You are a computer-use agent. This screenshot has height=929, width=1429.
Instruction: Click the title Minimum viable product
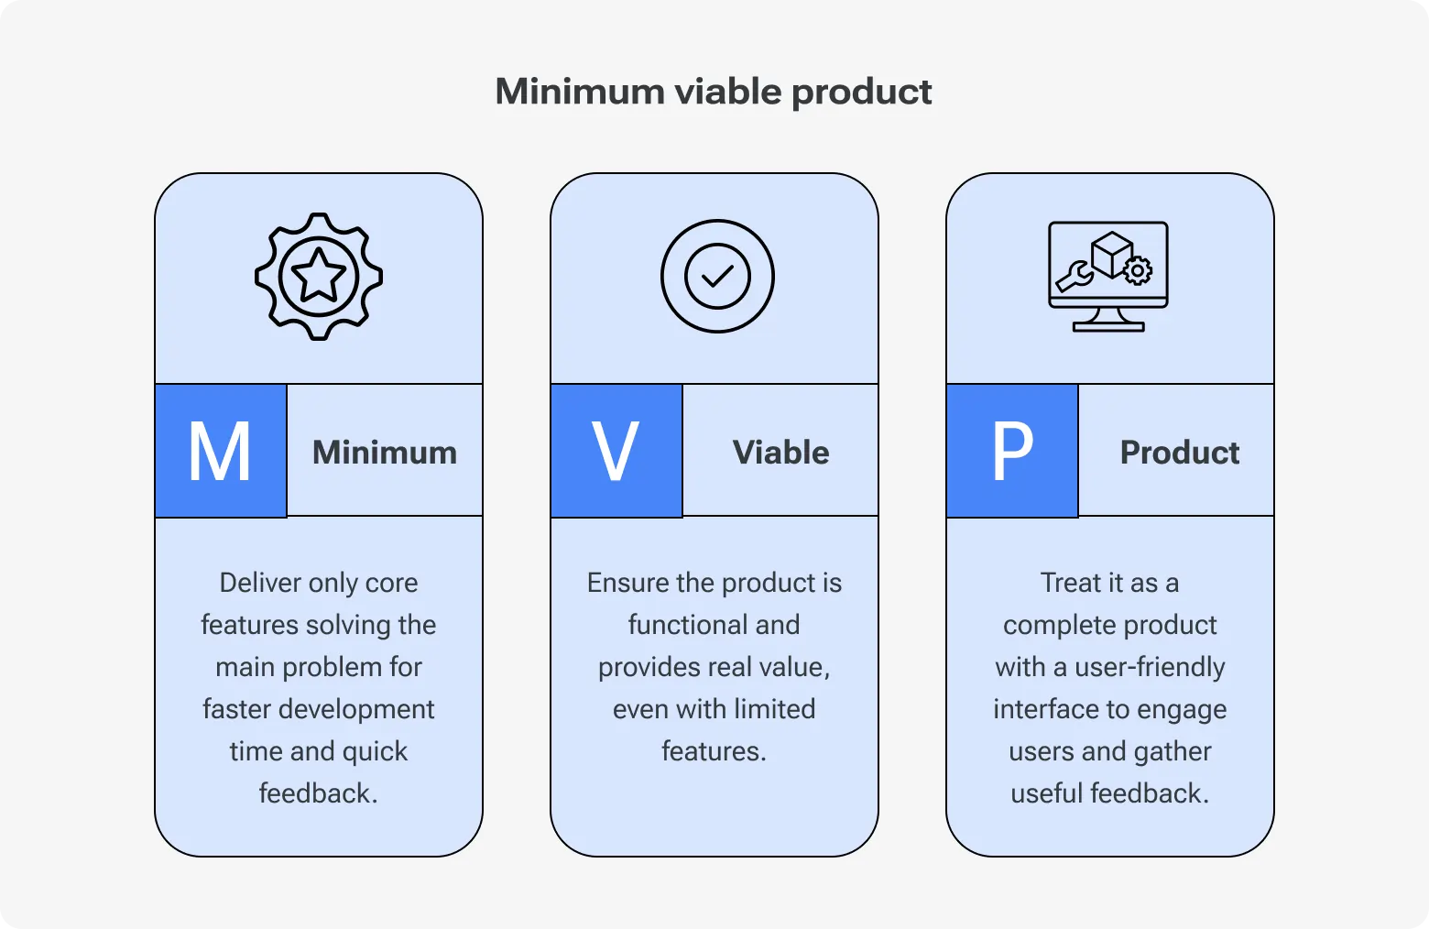tap(713, 92)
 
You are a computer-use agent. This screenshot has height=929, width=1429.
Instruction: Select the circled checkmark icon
tap(717, 276)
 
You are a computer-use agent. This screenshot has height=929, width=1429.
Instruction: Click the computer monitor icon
tap(1108, 276)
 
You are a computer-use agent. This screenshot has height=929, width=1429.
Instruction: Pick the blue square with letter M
tap(221, 451)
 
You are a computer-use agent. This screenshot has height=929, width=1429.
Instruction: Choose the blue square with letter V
tap(616, 451)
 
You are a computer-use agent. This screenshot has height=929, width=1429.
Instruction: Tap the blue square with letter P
tap(1012, 451)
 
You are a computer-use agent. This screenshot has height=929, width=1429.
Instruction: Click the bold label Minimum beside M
tap(385, 453)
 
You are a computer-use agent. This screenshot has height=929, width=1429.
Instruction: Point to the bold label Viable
tap(780, 453)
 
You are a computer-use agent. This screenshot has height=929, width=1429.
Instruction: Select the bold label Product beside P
tap(1180, 453)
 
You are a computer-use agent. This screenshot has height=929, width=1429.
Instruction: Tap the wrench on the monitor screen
tap(1074, 276)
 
